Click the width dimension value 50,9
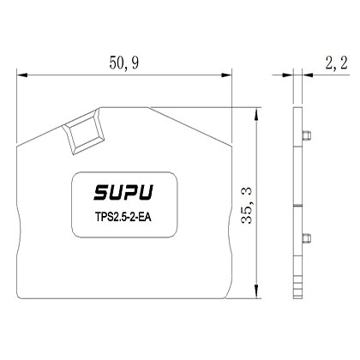125,63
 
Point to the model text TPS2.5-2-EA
124,214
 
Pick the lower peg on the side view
304,237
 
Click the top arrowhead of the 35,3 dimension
257,112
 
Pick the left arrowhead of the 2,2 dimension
291,75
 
